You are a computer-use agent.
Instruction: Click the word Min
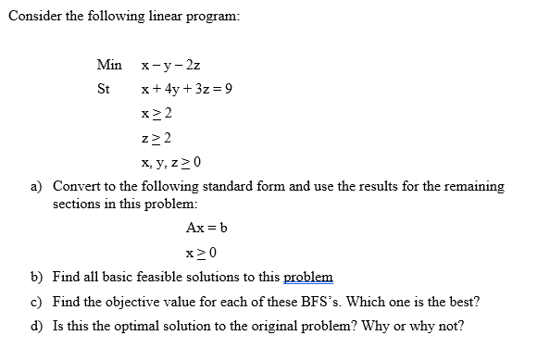108,65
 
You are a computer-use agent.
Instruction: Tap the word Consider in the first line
35,18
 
